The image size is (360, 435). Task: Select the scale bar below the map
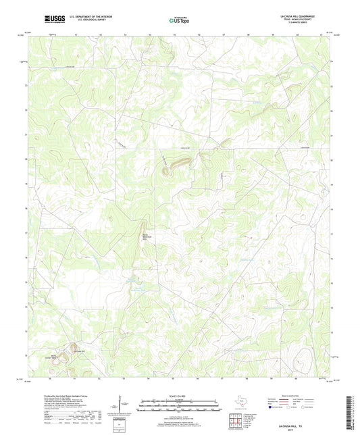click(x=180, y=406)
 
